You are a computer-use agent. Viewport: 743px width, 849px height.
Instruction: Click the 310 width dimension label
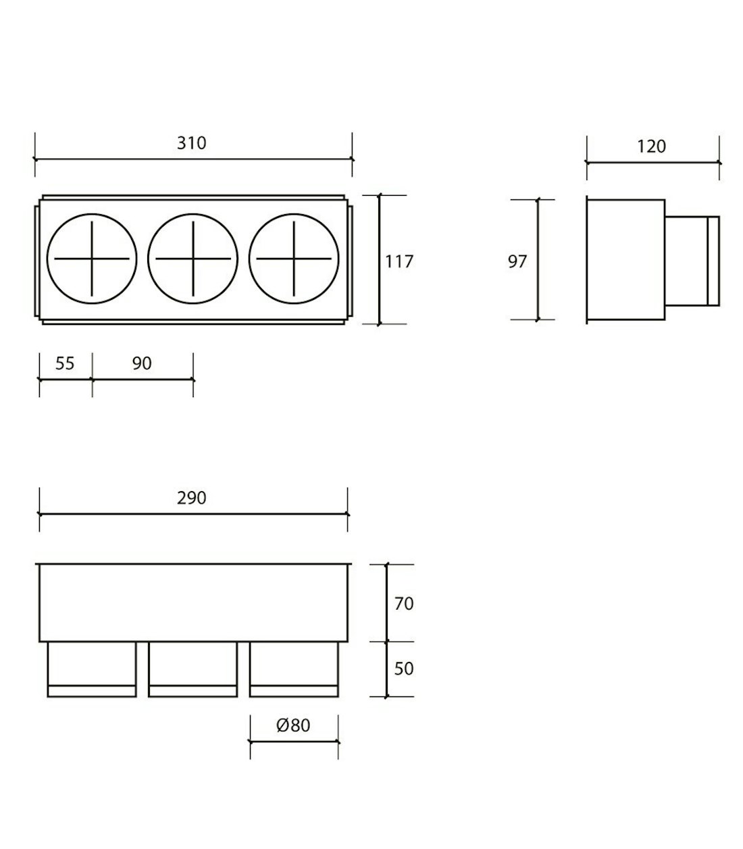tap(191, 143)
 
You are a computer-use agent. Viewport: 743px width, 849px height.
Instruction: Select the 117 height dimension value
tap(399, 261)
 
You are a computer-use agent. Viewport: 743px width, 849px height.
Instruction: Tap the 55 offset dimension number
tap(65, 363)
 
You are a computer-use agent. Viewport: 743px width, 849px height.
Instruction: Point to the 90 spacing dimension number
tap(142, 363)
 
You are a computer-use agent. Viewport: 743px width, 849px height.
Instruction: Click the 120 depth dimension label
tap(651, 146)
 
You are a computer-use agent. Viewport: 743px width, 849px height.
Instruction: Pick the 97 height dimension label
tap(517, 261)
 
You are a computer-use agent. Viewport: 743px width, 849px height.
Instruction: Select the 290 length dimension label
tap(191, 498)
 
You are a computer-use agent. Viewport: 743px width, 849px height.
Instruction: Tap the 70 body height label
tap(403, 603)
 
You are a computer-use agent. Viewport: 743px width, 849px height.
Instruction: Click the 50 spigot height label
tap(403, 668)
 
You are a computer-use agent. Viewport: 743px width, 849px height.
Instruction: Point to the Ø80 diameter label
tap(293, 725)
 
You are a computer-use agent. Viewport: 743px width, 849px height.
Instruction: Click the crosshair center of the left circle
tap(92, 259)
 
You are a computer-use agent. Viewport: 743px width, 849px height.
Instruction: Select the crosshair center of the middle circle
tap(193, 259)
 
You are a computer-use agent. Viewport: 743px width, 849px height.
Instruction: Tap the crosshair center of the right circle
tap(294, 259)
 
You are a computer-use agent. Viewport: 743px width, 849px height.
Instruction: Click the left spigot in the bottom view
tap(92, 669)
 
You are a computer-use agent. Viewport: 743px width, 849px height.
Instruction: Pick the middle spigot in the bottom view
tap(193, 669)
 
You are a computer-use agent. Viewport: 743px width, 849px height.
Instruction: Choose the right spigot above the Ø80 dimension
tap(294, 669)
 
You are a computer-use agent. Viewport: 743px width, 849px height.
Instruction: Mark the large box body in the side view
tap(626, 261)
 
